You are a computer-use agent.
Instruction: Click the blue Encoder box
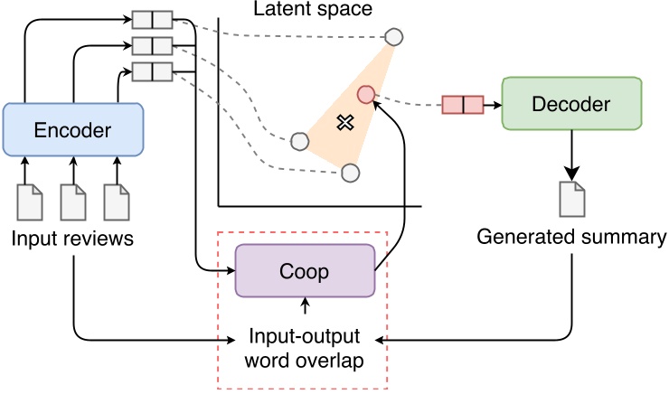73,130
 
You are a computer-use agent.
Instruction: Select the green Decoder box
571,105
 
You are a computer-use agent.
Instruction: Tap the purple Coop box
305,270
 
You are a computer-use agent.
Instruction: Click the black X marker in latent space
344,122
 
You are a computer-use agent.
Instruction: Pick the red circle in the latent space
366,94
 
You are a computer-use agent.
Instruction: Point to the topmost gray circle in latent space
394,37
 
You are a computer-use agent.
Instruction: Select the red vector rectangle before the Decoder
462,105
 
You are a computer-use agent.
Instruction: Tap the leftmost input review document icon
31,202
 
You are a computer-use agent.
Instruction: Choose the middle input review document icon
73,202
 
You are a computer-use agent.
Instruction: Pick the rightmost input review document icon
116,202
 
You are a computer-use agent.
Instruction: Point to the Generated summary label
570,238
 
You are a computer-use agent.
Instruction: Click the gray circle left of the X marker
300,141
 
